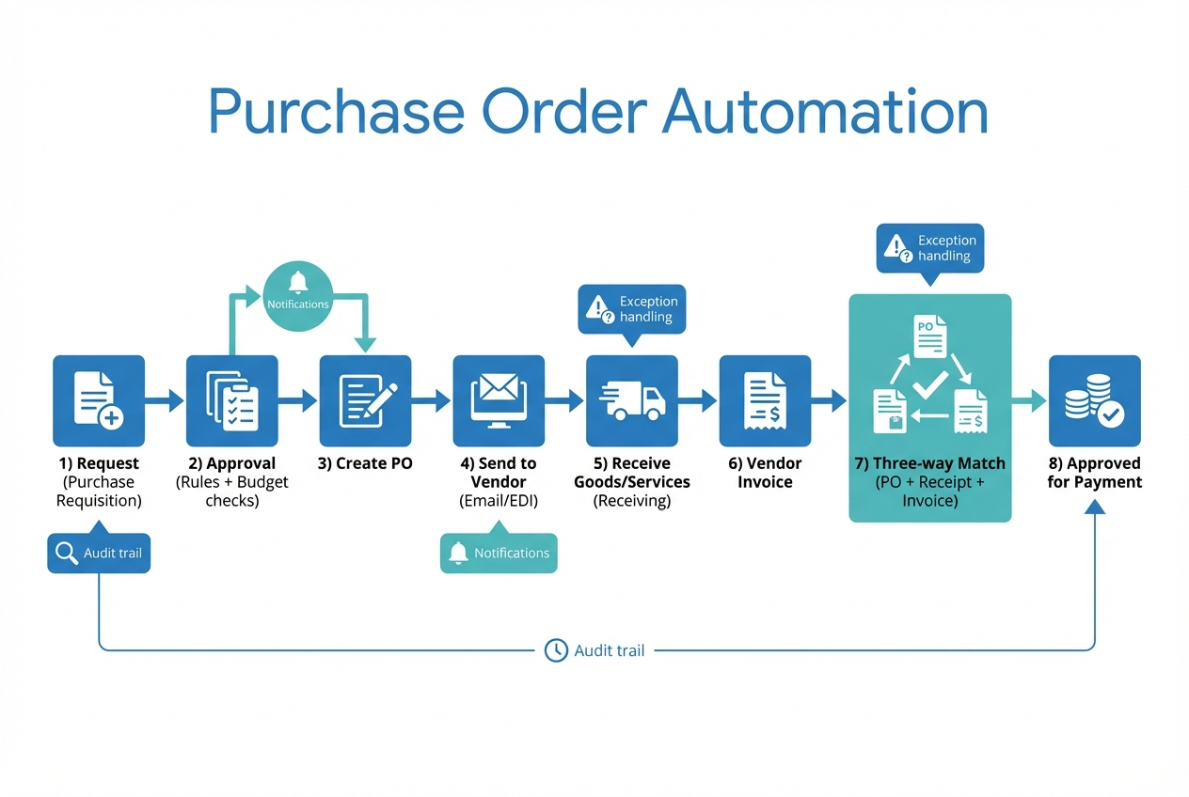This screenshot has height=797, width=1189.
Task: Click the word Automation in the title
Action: (824, 113)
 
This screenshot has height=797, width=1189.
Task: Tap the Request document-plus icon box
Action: (99, 400)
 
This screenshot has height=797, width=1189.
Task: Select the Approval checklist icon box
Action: (232, 400)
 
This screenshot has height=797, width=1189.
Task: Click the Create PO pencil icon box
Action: (366, 400)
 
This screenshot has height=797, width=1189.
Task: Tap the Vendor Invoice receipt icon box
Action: (765, 400)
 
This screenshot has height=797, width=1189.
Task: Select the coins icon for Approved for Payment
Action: (1094, 400)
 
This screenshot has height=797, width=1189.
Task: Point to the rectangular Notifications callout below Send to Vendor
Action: (499, 553)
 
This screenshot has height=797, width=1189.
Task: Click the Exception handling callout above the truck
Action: (632, 309)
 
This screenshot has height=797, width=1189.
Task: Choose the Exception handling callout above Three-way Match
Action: (930, 248)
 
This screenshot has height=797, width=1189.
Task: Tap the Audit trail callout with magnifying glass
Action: (99, 553)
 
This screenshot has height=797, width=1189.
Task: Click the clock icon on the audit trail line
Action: (556, 649)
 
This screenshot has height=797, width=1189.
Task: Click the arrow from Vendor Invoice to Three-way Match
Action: (830, 401)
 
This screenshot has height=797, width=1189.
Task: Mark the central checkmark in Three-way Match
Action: (929, 384)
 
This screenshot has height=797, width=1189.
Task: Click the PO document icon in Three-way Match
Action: (929, 336)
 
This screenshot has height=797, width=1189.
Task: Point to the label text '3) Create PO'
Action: (366, 463)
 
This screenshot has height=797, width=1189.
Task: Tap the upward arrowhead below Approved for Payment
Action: (1094, 508)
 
